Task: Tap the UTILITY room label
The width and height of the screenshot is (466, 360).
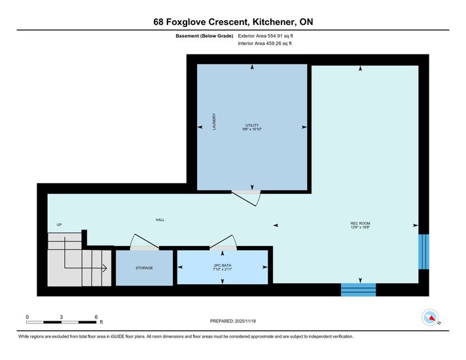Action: click(x=252, y=126)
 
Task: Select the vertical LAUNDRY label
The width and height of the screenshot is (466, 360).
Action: click(x=214, y=122)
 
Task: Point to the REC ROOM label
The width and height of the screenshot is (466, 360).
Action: click(x=360, y=223)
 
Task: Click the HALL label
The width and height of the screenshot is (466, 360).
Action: click(x=160, y=220)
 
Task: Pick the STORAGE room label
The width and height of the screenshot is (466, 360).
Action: click(x=145, y=268)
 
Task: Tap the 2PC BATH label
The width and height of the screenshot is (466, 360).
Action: click(x=223, y=266)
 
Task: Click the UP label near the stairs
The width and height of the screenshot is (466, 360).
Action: click(x=59, y=225)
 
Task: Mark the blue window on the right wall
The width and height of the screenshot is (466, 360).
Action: click(x=424, y=252)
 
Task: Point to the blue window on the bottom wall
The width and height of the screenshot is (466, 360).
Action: click(x=359, y=289)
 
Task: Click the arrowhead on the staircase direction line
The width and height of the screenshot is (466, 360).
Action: click(x=105, y=268)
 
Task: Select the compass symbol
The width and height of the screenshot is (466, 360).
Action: click(x=430, y=317)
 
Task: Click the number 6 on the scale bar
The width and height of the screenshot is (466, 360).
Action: click(x=96, y=317)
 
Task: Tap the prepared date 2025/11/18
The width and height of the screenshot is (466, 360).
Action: click(x=245, y=321)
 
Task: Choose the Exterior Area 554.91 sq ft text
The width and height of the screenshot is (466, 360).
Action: click(x=265, y=36)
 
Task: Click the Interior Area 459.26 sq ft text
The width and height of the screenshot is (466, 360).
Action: click(x=264, y=43)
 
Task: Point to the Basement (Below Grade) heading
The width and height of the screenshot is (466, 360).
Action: click(x=204, y=36)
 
